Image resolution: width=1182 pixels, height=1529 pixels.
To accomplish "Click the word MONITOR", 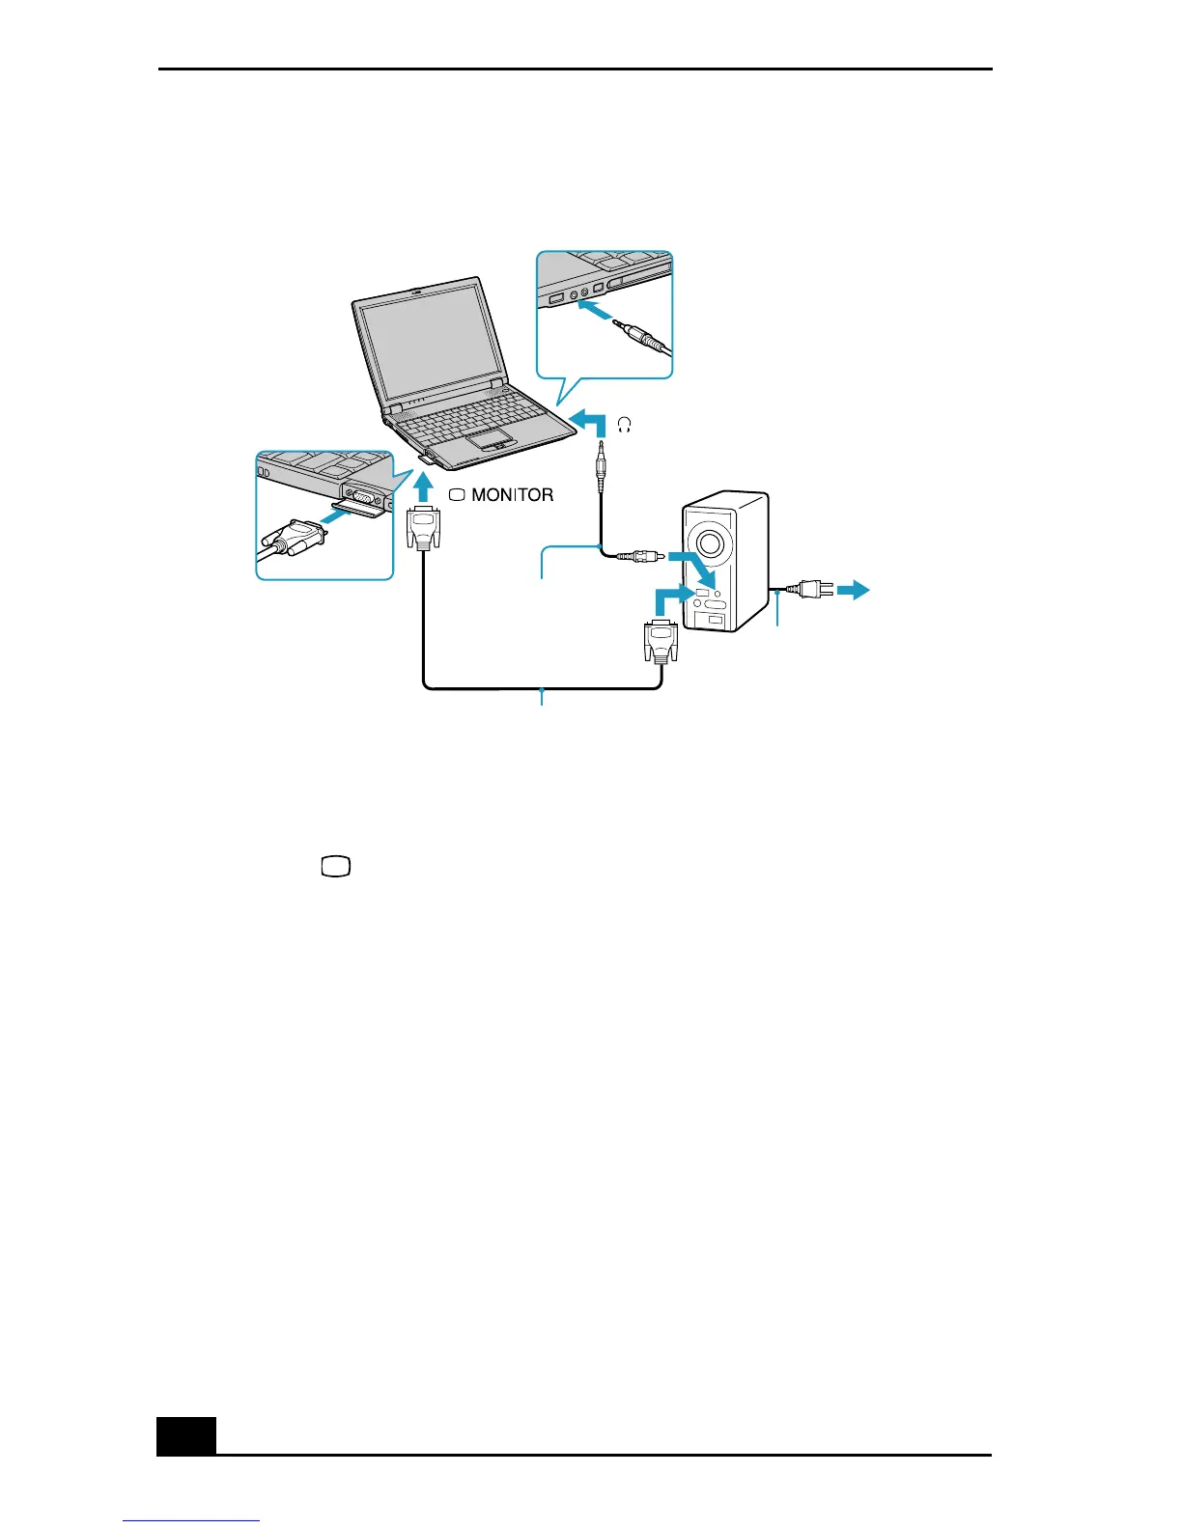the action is point(512,495).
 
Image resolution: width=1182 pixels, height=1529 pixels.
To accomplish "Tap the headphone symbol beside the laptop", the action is point(624,425).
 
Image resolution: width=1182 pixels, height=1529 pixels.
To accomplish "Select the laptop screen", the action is point(431,343).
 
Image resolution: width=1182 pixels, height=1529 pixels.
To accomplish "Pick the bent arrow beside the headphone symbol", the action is point(589,422).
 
